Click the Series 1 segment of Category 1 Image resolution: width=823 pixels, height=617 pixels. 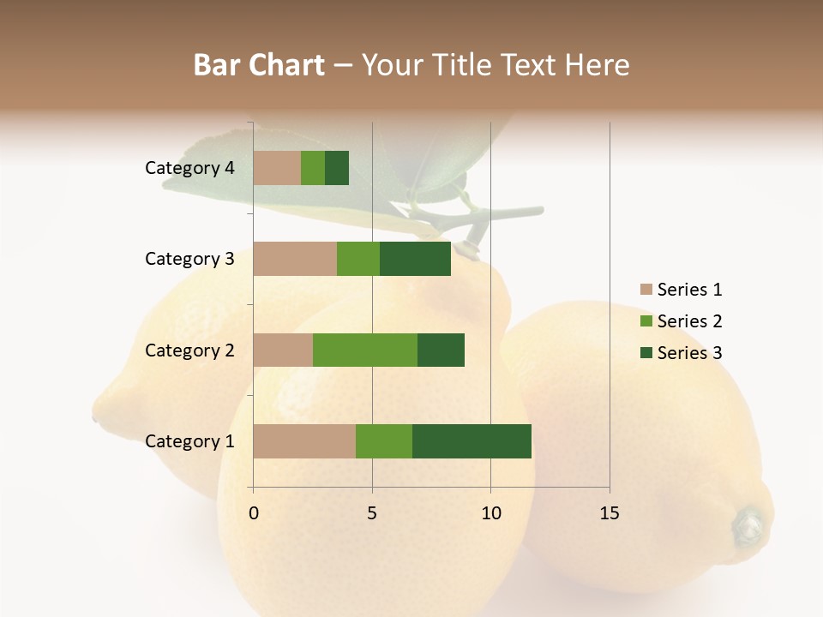[304, 441]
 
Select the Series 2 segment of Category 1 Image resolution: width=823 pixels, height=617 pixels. [384, 441]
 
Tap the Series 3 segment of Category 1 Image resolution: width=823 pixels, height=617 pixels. [472, 441]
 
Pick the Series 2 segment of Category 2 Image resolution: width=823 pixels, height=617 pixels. [365, 350]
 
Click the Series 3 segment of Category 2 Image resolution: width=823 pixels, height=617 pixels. [441, 350]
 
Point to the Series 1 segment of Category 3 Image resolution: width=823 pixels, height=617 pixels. [295, 259]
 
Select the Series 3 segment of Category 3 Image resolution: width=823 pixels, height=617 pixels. [415, 259]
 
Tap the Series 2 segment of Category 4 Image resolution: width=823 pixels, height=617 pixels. [313, 168]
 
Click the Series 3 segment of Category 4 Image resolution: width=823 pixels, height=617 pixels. [337, 168]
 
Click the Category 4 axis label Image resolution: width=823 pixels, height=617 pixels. [189, 168]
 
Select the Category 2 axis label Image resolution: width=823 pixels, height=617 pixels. [189, 350]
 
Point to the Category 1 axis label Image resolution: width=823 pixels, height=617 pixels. [189, 441]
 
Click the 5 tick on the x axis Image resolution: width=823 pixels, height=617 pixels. [372, 513]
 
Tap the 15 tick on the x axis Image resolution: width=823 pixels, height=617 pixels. [610, 513]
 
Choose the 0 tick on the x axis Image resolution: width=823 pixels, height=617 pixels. [254, 513]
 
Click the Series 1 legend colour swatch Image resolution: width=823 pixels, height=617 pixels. [646, 290]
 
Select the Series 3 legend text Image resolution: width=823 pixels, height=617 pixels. [689, 353]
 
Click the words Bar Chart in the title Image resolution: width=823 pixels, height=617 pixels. [259, 64]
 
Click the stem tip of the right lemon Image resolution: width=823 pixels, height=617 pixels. [748, 523]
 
